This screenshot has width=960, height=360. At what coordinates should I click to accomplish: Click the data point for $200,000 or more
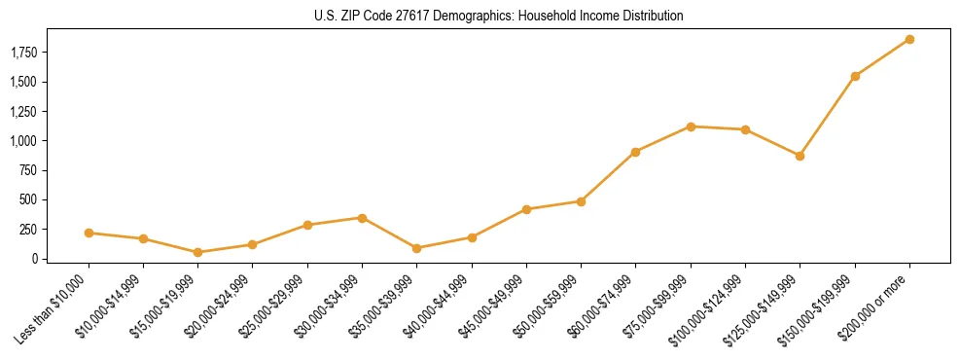(909, 39)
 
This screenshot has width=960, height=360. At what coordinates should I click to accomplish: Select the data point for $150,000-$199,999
(855, 76)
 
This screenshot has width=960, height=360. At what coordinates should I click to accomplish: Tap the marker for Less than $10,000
(89, 233)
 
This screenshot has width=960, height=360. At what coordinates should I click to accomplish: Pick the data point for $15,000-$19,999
(198, 252)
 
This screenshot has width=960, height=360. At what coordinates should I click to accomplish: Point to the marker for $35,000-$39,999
(417, 248)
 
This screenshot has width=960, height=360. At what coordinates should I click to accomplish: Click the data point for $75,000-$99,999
(691, 126)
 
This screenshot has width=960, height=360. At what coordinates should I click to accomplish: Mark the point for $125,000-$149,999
(800, 156)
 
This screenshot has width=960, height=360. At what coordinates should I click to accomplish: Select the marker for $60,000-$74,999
(635, 152)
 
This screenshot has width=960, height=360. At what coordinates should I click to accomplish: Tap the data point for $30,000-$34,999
(362, 218)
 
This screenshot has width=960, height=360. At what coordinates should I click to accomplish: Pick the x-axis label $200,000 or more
(879, 306)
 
